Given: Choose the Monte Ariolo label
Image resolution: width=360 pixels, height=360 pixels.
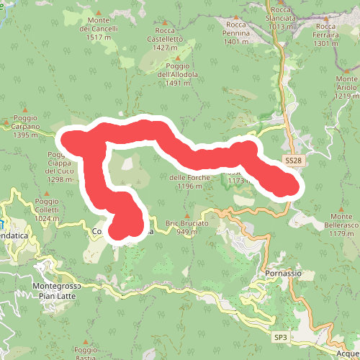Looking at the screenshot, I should click(x=346, y=86).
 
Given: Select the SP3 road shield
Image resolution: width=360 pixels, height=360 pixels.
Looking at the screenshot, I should click(x=279, y=336).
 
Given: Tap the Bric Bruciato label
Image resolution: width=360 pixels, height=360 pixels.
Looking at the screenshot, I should click(x=187, y=228).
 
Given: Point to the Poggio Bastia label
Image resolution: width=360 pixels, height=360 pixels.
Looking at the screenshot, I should click(x=85, y=353).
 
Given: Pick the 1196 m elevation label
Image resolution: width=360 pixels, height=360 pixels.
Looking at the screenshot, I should click(x=190, y=185).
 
